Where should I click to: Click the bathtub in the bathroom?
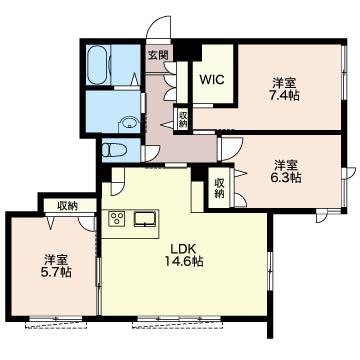coord(97,65)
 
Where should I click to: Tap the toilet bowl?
coord(113,150)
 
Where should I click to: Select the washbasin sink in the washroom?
coord(128,122)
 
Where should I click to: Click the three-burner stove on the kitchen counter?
coord(116,219)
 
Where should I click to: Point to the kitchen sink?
coord(145,219)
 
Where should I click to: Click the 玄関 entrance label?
coord(158,55)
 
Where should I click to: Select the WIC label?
coord(212,80)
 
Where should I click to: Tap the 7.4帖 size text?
coord(285,96)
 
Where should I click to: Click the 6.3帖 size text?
coord(287,178)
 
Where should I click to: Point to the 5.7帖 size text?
coord(57,273)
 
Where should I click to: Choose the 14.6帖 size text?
coord(184,261)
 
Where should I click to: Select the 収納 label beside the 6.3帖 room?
coord(219,188)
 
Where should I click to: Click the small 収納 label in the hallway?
coord(183,120)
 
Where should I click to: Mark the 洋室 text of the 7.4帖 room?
coord(285,83)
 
